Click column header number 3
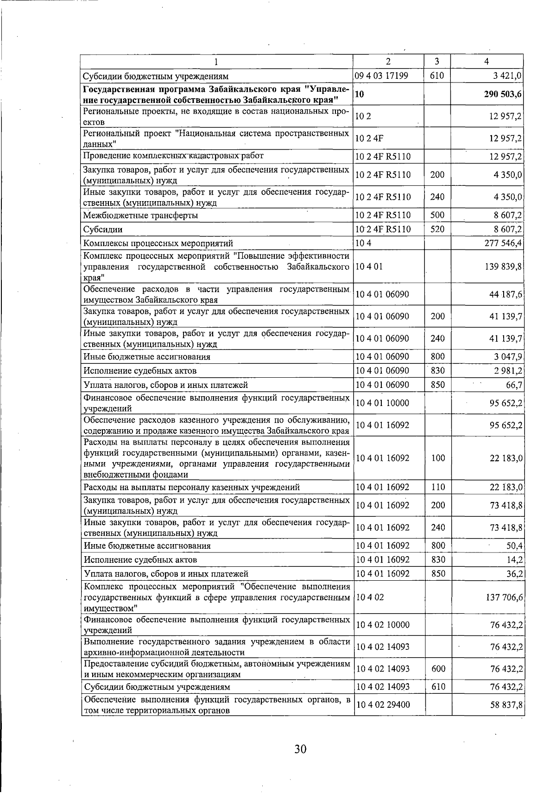click(x=437, y=61)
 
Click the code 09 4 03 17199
click(x=382, y=76)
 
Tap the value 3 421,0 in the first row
click(x=508, y=76)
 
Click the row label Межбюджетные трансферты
click(x=141, y=216)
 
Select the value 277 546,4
click(x=503, y=243)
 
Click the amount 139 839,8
click(x=503, y=266)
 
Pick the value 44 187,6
click(x=505, y=294)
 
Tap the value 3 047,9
click(x=508, y=357)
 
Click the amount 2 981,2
click(x=508, y=371)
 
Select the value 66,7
click(x=514, y=385)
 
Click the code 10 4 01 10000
click(x=382, y=403)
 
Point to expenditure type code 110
click(x=437, y=487)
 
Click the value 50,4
click(x=514, y=546)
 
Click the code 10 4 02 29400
click(x=382, y=705)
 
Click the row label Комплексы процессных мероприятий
click(x=158, y=243)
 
